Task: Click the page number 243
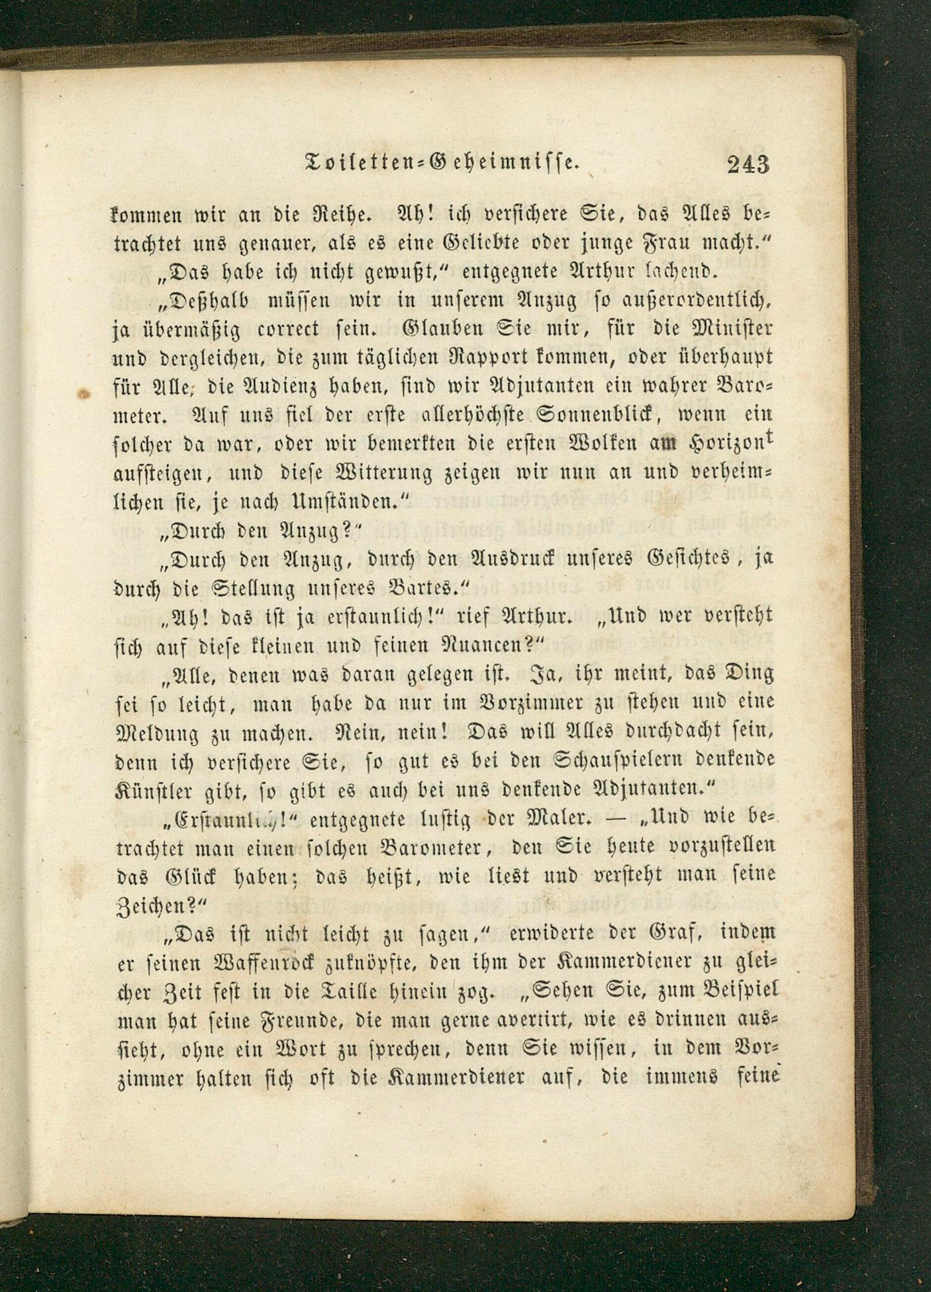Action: [x=748, y=164]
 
